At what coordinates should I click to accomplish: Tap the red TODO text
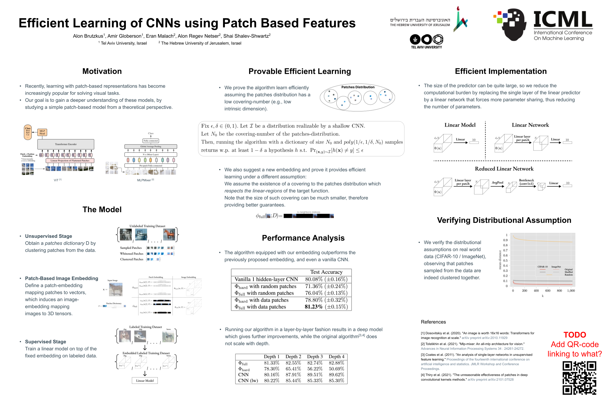coord(575,335)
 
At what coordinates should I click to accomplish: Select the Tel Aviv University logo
coord(426,41)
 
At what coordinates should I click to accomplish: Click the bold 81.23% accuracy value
coord(313,307)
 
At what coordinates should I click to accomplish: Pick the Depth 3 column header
coord(315,356)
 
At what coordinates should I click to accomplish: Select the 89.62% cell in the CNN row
coord(336,374)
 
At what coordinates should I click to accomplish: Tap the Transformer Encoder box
coord(66,144)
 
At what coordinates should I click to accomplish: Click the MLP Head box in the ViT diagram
coord(42,132)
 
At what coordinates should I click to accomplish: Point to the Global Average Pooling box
coord(151,146)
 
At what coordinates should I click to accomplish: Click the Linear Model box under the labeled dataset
coord(145,381)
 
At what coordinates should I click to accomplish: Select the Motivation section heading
coord(102,71)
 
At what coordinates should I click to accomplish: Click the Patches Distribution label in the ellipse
coord(358,87)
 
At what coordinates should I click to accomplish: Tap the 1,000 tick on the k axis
coord(571,291)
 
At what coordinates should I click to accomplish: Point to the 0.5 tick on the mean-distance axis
coord(505,261)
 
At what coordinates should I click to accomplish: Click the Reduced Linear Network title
coord(504,169)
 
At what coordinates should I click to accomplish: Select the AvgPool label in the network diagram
coord(497,182)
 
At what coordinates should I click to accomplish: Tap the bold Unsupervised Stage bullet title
coord(49,236)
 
